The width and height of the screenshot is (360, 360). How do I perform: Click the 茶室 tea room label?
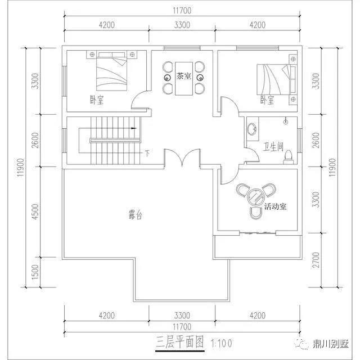[x=184, y=76]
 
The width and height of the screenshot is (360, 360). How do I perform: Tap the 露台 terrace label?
[x=136, y=215]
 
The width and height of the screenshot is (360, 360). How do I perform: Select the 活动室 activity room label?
[x=275, y=206]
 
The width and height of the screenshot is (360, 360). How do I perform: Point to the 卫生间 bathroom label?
[x=273, y=147]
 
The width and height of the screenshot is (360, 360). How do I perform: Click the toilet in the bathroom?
[x=288, y=157]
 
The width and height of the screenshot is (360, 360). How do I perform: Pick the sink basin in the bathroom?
[x=253, y=129]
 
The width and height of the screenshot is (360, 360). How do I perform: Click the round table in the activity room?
[x=256, y=197]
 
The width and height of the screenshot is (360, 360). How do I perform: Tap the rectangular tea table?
[x=184, y=78]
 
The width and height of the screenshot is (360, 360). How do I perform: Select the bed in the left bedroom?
[x=111, y=71]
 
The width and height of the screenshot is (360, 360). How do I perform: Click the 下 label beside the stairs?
[x=147, y=153]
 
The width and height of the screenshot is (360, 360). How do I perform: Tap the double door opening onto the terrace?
[x=182, y=157]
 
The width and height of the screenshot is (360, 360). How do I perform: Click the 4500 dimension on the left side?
[x=35, y=211]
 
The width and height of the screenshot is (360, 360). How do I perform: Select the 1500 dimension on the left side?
[x=35, y=272]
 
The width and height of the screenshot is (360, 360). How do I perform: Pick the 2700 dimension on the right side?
[x=316, y=260]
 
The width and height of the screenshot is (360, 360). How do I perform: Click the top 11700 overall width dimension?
[x=182, y=11]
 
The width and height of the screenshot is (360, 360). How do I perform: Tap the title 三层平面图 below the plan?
[x=180, y=343]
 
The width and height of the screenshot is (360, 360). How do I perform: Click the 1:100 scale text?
[x=222, y=344]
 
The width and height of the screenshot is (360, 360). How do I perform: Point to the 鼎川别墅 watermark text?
[x=331, y=344]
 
